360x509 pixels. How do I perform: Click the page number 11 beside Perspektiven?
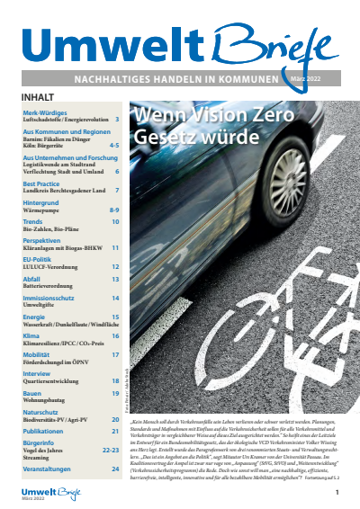[x=115, y=246]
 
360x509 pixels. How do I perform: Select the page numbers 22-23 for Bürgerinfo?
[x=111, y=451]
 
